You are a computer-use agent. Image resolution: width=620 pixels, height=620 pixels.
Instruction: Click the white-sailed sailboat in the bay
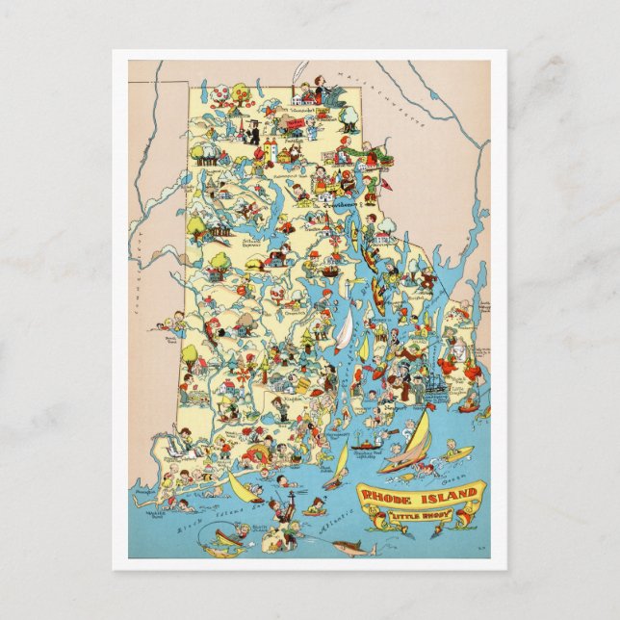(343, 329)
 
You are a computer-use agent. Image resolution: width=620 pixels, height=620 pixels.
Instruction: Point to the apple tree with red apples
(222, 93)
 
